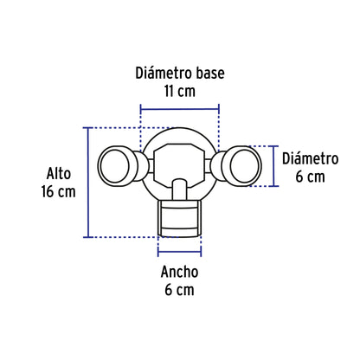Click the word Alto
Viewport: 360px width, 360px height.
58,172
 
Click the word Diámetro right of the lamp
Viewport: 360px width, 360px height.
309,158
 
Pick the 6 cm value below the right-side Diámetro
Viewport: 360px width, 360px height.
309,177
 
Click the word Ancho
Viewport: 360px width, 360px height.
179,272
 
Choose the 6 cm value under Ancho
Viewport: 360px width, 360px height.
179,290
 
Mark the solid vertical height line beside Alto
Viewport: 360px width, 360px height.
87,182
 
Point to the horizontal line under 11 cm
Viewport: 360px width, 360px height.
179,109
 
